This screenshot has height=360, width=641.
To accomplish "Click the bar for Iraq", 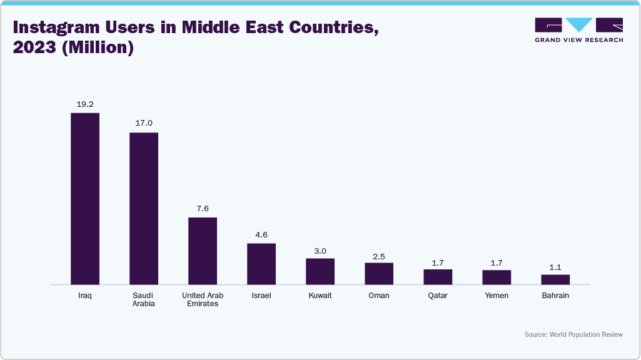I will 85,199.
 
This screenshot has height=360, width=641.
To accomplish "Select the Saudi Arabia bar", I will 144,209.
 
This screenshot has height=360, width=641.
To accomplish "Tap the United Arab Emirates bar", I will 203,251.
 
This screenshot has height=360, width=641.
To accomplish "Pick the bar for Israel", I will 261,264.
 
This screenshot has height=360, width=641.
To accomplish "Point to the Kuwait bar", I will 320,271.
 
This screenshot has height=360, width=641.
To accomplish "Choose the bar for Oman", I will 379,274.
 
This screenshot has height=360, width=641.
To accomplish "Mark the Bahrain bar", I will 555,279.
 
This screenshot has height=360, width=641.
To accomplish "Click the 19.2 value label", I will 85,104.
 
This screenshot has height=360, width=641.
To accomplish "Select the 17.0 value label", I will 144,123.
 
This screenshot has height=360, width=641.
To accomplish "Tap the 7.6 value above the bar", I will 203,208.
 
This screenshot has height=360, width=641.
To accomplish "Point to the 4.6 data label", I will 261,234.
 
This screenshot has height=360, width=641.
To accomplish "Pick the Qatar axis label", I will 438,296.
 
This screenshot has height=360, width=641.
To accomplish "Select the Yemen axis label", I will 497,296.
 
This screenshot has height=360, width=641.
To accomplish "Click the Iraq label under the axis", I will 85,296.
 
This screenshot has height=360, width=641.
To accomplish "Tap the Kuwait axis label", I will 320,296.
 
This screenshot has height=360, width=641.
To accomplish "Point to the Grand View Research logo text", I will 578,40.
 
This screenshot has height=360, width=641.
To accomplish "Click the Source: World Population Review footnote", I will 573,334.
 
